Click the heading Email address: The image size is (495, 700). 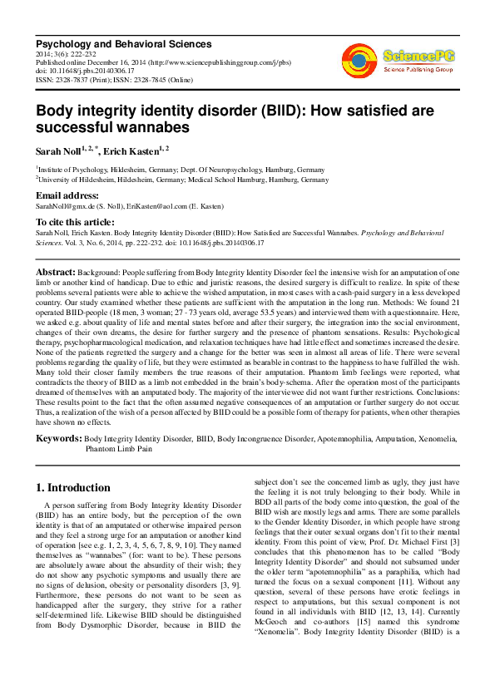click(68, 195)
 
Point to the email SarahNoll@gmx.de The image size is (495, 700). click(63, 205)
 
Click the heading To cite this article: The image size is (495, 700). click(75, 222)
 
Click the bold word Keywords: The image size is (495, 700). click(57, 437)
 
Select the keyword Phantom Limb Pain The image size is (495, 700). click(121, 447)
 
